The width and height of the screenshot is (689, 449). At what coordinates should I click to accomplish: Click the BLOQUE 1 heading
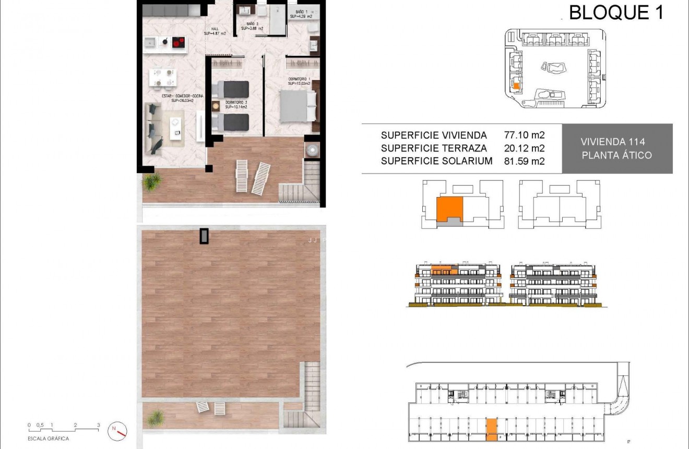click(x=616, y=12)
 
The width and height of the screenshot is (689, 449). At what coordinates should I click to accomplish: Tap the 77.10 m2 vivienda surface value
click(x=524, y=135)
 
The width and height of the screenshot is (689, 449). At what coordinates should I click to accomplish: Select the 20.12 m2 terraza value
click(x=524, y=148)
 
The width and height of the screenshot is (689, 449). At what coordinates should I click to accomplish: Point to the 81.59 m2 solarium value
click(x=524, y=162)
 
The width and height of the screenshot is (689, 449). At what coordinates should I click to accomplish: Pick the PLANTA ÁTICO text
click(x=616, y=155)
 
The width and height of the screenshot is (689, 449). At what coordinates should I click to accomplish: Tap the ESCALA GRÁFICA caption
click(x=49, y=439)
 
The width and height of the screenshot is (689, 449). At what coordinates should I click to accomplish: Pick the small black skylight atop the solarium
click(x=204, y=236)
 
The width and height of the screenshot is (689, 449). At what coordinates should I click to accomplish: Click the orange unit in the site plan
click(x=516, y=86)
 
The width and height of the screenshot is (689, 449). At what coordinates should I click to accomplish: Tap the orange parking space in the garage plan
click(x=491, y=430)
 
